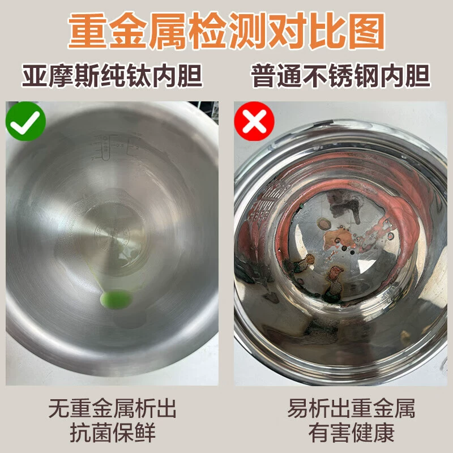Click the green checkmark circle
[x=25, y=121]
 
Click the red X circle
[x=254, y=121]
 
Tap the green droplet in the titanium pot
[x=116, y=300]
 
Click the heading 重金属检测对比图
[x=226, y=31]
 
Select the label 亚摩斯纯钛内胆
[x=112, y=76]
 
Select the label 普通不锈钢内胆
[x=340, y=76]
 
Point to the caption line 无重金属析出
[x=112, y=408]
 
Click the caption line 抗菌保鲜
[x=113, y=433]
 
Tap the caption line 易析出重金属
[x=351, y=408]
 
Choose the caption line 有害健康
[x=351, y=433]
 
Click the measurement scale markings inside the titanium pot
[x=116, y=147]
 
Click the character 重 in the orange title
[x=88, y=31]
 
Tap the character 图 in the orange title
[x=366, y=31]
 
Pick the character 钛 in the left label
[x=138, y=76]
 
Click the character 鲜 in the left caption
[x=145, y=433]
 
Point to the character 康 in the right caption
[x=384, y=433]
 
